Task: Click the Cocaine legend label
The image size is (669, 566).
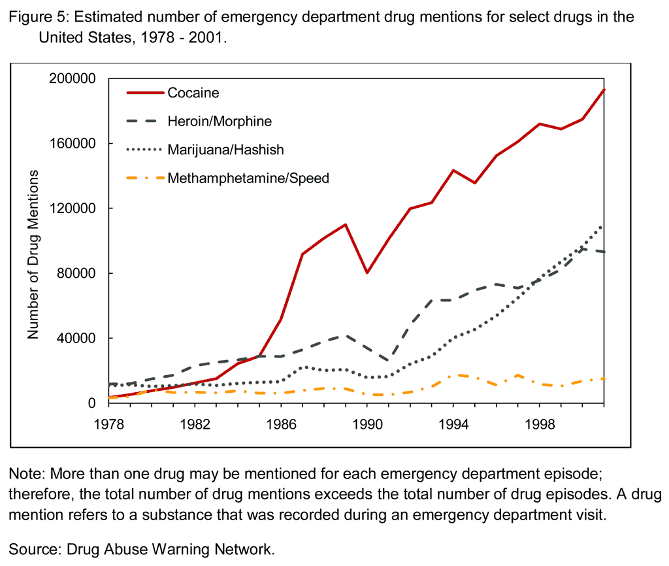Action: pos(193,93)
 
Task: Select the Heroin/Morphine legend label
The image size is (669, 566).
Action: pos(220,122)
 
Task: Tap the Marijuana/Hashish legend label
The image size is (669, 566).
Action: pos(225,150)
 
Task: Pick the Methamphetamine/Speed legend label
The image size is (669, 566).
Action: pos(248,178)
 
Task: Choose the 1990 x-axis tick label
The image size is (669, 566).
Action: pos(367,424)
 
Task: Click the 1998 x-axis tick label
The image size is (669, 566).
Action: pos(539,424)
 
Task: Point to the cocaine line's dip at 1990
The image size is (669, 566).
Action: pos(367,273)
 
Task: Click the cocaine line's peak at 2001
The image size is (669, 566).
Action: pos(604,90)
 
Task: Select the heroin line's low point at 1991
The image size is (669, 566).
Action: pos(389,361)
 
